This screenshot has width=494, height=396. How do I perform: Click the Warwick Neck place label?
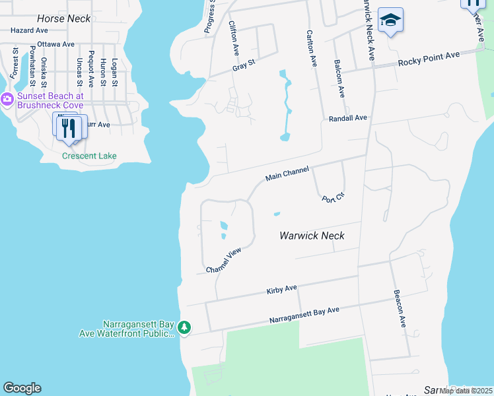coord(312,236)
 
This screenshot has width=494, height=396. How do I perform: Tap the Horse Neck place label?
coord(64,18)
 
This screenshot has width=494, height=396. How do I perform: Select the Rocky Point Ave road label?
coord(428,60)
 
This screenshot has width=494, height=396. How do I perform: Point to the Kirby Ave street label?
coord(282,289)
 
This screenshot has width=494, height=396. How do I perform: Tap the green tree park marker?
coord(185,327)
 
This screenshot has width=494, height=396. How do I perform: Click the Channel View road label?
coord(225,261)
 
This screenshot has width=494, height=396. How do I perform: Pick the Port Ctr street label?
coord(334,196)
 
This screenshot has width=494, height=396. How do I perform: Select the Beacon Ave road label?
coord(398,308)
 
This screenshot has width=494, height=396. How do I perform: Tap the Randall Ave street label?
coord(347,118)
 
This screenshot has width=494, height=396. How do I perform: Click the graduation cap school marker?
coord(391,20)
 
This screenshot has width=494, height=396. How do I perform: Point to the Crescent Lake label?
coord(89,156)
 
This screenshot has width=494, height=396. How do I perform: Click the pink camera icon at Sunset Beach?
coord(7,100)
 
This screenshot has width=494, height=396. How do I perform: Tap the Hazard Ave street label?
coord(29,30)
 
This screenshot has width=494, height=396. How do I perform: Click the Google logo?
coord(22,388)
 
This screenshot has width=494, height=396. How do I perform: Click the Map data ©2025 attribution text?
coord(466,391)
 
